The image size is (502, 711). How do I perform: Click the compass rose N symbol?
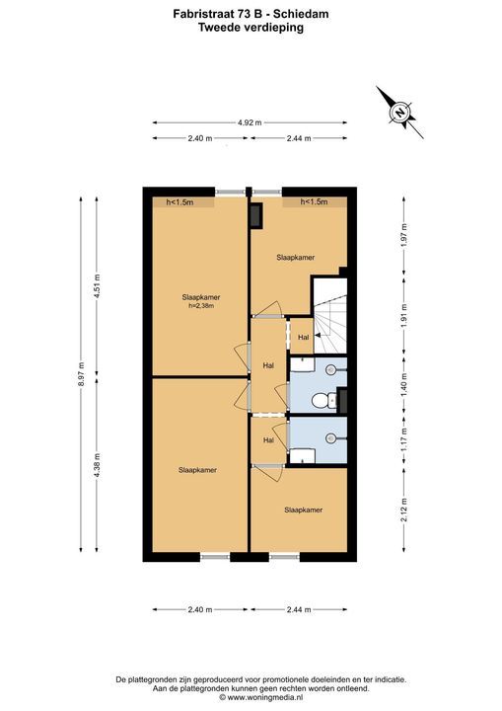[x=399, y=112]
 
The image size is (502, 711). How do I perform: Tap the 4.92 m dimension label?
[x=250, y=122]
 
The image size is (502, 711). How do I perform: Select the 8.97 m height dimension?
[x=81, y=374]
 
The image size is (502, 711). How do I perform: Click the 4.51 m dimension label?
[x=97, y=285]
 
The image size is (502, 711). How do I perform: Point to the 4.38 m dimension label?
[x=97, y=466]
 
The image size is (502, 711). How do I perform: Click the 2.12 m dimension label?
[x=404, y=510]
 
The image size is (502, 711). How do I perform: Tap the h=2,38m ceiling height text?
[x=201, y=306]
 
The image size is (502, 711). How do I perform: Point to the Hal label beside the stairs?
[x=303, y=338]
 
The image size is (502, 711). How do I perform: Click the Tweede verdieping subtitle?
[x=251, y=28]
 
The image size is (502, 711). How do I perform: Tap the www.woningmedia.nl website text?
[x=261, y=697]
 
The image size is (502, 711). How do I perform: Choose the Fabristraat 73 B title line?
[x=251, y=14]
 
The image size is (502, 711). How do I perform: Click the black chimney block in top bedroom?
[x=256, y=215]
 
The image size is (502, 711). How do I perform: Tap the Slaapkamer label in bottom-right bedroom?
[x=303, y=511]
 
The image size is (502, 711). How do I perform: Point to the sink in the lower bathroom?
[x=331, y=438]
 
